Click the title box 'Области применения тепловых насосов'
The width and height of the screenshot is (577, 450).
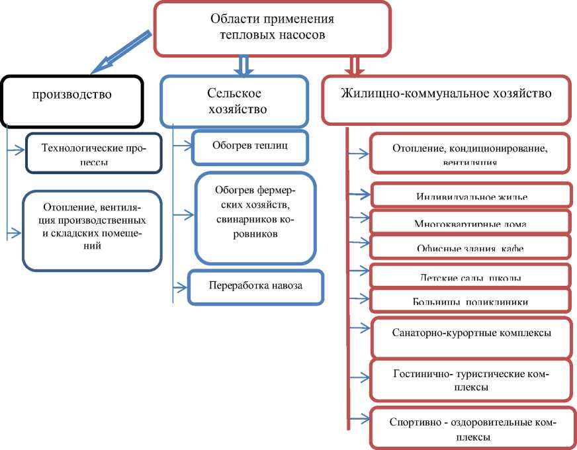click(x=272, y=28)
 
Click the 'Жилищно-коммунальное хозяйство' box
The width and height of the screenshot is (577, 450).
click(x=445, y=99)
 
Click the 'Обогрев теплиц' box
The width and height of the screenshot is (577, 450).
click(x=250, y=147)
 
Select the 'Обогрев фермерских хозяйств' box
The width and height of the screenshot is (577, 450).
click(x=255, y=218)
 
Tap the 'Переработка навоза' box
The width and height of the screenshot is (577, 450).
click(x=255, y=287)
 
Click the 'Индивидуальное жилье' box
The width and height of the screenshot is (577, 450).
click(x=471, y=195)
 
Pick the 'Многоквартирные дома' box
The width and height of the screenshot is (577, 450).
click(x=470, y=221)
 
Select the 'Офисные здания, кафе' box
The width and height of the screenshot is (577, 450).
click(x=470, y=247)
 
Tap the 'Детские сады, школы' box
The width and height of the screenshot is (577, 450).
click(x=470, y=275)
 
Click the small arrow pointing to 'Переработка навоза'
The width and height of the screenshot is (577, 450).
click(x=181, y=287)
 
